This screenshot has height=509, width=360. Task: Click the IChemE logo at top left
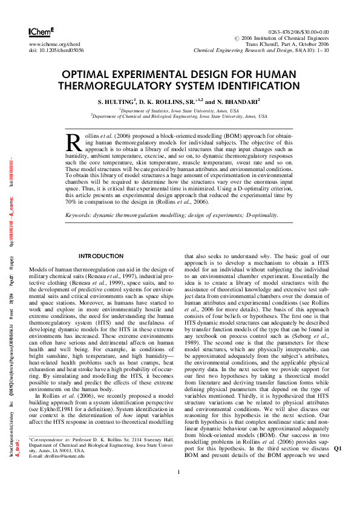pyautogui.click(x=41, y=31)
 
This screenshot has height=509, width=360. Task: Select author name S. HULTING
pyautogui.click(x=118, y=102)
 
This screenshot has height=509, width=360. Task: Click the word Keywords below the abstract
pyautogui.click(x=81, y=215)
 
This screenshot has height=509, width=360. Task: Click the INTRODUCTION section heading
pyautogui.click(x=101, y=256)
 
